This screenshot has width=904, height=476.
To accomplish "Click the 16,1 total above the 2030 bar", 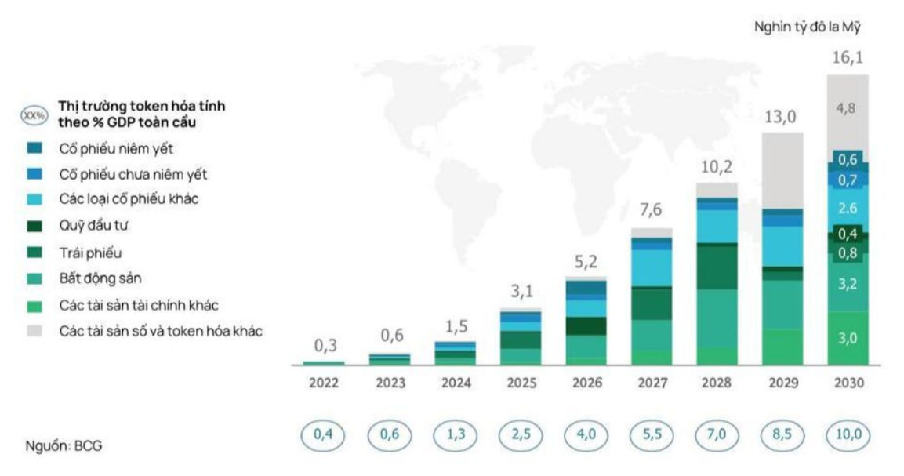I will click(848, 59).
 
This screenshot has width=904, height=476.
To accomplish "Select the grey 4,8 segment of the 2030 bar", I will click(848, 109).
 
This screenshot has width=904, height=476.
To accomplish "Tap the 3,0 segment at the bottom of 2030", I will click(848, 338).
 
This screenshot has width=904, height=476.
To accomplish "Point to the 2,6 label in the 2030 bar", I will click(848, 208).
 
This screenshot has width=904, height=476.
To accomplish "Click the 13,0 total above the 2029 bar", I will click(782, 117).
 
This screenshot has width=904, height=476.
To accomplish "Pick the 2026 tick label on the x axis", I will click(586, 383).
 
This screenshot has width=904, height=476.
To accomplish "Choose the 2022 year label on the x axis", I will click(325, 383).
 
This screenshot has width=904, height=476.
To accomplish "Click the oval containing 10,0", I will click(848, 434).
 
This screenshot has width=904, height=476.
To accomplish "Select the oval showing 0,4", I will click(325, 434).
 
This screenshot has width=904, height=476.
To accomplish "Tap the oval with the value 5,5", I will click(652, 434).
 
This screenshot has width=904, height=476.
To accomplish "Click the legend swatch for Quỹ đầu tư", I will click(34, 227).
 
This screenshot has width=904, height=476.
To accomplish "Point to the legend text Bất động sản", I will click(100, 278).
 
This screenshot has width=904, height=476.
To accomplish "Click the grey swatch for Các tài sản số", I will click(34, 330).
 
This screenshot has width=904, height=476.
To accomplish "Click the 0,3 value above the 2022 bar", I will click(325, 345).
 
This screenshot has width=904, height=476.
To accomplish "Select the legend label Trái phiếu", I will click(90, 253).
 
